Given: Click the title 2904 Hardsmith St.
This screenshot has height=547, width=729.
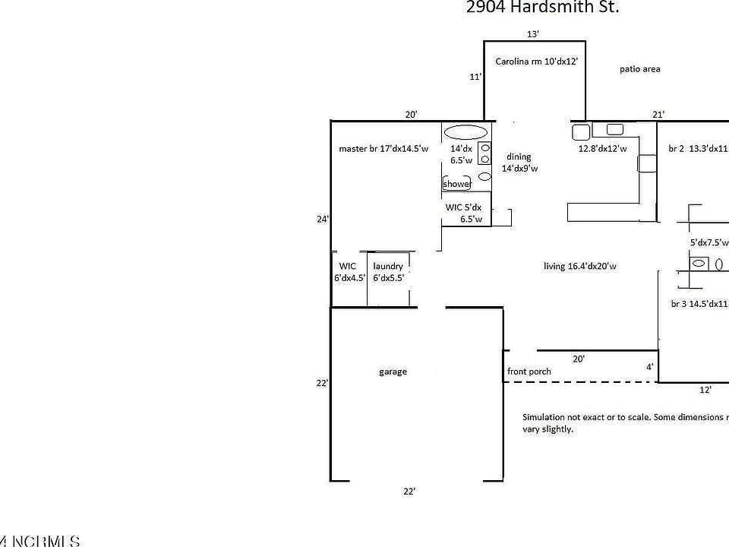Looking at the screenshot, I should coord(542,8).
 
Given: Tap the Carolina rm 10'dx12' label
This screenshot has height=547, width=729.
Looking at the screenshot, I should coord(536,61).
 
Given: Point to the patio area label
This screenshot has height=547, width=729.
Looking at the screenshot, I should coord(639,68).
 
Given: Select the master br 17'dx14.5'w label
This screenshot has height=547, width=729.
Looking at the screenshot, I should coord(383,149).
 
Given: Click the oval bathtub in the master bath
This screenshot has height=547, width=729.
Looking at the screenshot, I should coord(465,131).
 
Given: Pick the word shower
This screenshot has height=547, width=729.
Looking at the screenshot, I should coord(457,184).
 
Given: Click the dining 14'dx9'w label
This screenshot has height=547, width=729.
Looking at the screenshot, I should coord(519,163).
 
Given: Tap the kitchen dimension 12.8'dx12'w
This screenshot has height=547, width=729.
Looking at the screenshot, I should coord(602,149).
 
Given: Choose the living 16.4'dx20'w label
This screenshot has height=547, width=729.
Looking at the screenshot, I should coord(579,266).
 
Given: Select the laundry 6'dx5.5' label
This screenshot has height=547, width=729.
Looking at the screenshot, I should coord(388,272).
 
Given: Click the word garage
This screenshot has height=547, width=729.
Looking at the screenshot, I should coord(393,372).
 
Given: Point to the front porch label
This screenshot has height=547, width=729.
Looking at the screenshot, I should coord(529,372).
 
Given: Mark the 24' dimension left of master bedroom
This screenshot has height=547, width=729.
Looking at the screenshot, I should coord(323,219).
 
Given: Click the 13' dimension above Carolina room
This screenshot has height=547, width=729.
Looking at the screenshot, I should coord(533,33).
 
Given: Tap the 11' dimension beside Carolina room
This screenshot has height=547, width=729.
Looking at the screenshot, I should coord(475,77).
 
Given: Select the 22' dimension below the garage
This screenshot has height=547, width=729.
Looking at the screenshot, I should coord(409,492).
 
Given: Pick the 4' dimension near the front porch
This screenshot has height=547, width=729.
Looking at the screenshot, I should coord(649,367).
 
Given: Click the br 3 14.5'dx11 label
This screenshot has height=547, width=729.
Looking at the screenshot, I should coord(699,304).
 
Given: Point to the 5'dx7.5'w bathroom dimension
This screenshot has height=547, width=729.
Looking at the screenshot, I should coord(708,243).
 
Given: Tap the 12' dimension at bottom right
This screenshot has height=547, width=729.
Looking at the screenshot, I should coord(705,390).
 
